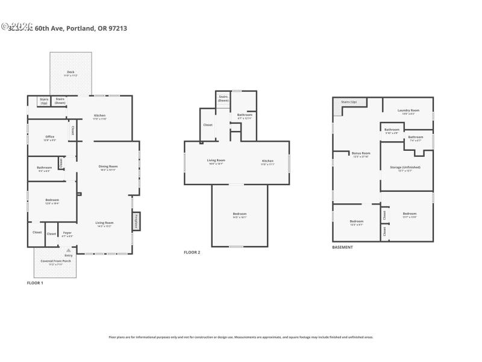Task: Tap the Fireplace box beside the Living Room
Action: click(x=136, y=220)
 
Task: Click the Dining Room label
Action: click(x=108, y=167)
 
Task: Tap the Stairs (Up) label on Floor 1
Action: click(x=44, y=101)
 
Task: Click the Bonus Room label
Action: click(x=361, y=154)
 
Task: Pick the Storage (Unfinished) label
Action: click(x=405, y=168)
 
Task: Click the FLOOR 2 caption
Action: click(x=192, y=252)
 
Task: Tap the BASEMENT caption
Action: click(x=343, y=247)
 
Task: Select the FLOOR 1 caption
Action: click(x=36, y=282)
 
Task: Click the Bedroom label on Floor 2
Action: click(x=240, y=215)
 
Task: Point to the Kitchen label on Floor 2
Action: click(x=268, y=162)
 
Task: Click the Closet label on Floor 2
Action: click(x=207, y=125)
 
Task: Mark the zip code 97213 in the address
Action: click(x=119, y=28)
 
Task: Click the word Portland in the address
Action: click(x=80, y=28)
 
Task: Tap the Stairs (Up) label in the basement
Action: click(x=349, y=102)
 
